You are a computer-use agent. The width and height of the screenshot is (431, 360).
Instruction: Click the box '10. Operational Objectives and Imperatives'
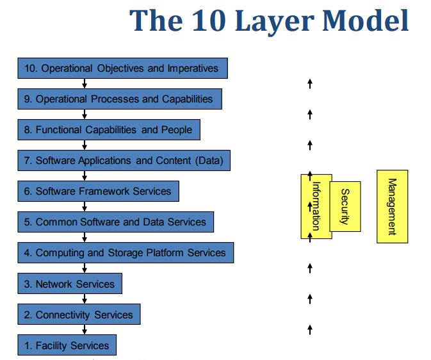[x=122, y=68]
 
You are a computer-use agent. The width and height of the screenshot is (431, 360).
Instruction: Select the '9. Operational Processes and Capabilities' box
[x=120, y=99]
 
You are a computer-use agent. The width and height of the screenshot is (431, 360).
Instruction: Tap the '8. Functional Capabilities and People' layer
[x=109, y=130]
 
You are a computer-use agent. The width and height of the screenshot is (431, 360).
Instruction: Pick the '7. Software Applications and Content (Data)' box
[x=124, y=161]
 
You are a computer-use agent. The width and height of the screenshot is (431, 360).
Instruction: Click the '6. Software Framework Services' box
[x=98, y=191]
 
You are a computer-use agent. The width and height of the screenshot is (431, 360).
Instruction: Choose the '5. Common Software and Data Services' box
[x=115, y=222]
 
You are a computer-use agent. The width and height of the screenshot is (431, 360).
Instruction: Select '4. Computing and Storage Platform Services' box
[x=126, y=252]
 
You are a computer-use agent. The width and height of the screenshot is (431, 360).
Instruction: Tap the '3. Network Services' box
[x=69, y=284]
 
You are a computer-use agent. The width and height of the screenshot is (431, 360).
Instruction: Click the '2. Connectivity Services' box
[x=79, y=315]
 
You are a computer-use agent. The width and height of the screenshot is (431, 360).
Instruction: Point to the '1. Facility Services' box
[x=67, y=345]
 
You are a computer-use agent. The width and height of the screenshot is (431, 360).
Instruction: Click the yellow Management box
[x=392, y=206]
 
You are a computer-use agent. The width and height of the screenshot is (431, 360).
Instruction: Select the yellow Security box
[x=345, y=206]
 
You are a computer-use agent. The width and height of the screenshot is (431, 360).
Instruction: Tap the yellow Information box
[x=315, y=206]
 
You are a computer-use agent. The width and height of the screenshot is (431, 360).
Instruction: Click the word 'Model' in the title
[x=365, y=20]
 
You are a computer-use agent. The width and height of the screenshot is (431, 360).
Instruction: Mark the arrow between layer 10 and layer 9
[x=85, y=83]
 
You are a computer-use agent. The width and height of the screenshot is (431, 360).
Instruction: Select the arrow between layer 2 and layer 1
[x=85, y=330]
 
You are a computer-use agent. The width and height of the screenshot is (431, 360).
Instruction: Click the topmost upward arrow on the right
[x=310, y=83]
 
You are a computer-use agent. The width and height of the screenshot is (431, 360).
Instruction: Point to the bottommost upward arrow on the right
[x=310, y=329]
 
